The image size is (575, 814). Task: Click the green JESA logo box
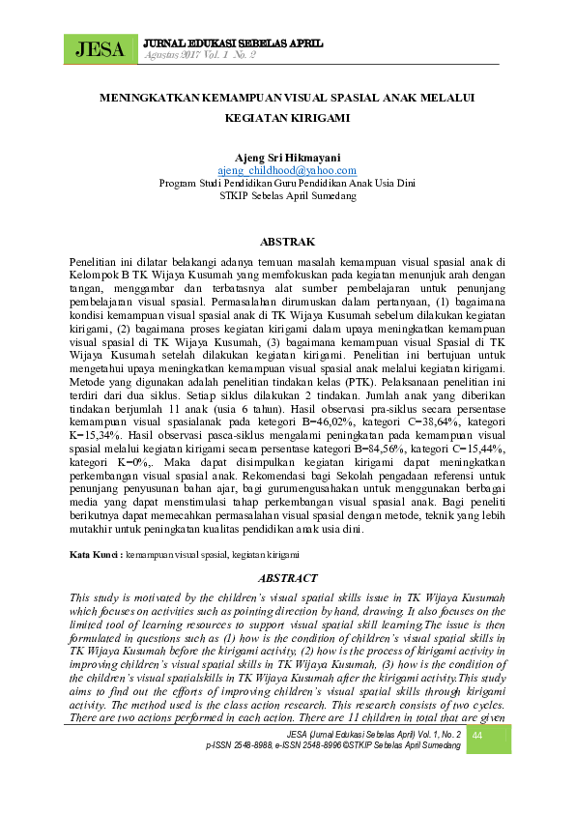click(x=100, y=48)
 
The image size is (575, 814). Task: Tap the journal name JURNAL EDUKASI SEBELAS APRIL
click(x=232, y=44)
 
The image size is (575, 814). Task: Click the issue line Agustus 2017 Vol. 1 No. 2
click(x=198, y=55)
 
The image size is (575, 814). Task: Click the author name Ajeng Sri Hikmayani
click(x=287, y=157)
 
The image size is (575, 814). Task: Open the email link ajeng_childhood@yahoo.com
click(x=287, y=169)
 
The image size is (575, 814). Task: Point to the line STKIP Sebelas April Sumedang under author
click(x=287, y=194)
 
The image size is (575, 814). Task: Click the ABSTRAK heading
click(x=287, y=240)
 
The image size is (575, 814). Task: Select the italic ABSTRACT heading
click(x=287, y=577)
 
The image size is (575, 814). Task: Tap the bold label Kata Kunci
click(x=95, y=554)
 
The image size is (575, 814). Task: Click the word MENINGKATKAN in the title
click(x=149, y=99)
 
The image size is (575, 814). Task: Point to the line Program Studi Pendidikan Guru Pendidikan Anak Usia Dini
click(x=287, y=182)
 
